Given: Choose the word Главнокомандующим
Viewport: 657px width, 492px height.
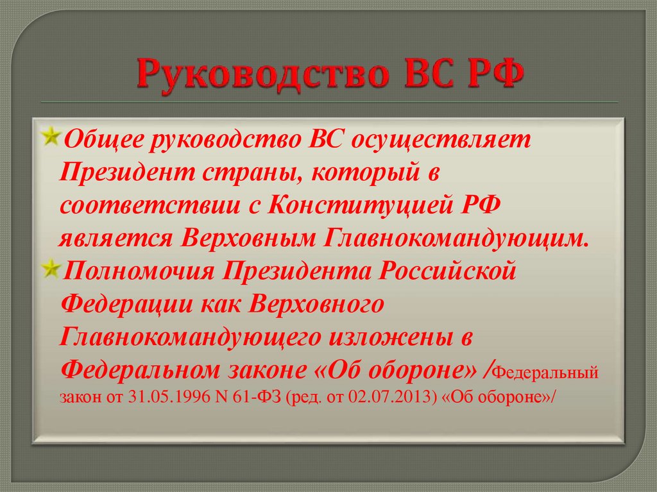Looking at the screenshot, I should pos(450,239).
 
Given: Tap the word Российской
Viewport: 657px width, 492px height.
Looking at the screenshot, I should pos(447,271).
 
